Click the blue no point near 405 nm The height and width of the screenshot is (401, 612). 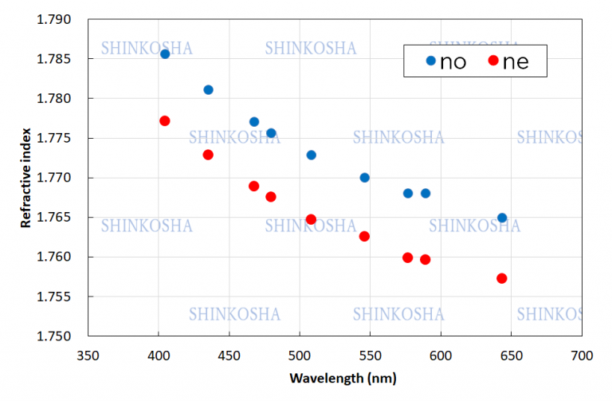(x=165, y=54)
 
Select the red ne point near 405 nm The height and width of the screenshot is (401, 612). (x=165, y=121)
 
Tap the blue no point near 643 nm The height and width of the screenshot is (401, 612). (x=502, y=218)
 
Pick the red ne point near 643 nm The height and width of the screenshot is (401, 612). (x=502, y=278)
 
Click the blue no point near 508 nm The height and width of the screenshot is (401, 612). (x=312, y=155)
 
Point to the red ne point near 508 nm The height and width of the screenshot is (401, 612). (x=312, y=219)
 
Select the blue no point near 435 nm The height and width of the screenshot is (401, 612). (x=208, y=90)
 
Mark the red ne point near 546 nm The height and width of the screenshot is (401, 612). (x=364, y=236)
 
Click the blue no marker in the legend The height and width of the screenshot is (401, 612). (x=431, y=61)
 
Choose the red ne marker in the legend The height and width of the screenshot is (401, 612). (x=493, y=61)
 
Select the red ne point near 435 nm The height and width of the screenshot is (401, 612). (x=208, y=155)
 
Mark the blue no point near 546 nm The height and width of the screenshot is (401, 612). (x=364, y=178)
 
